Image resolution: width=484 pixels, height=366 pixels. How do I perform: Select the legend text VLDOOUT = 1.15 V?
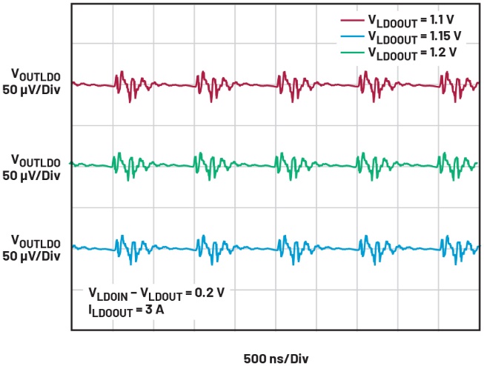[x=421, y=37]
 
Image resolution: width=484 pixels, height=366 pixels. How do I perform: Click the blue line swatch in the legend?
[x=351, y=37]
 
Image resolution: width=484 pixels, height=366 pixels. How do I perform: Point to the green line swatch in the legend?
[x=351, y=52]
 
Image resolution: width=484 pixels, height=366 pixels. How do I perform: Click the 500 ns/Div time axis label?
[x=275, y=359]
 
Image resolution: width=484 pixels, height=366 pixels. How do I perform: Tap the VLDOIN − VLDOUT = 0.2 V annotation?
[x=156, y=293]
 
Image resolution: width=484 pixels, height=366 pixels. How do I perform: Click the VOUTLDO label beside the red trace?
[x=35, y=74]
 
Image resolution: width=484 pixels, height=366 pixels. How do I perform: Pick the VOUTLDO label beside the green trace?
[x=35, y=160]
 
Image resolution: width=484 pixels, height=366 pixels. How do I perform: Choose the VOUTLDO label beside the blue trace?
[x=35, y=241]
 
